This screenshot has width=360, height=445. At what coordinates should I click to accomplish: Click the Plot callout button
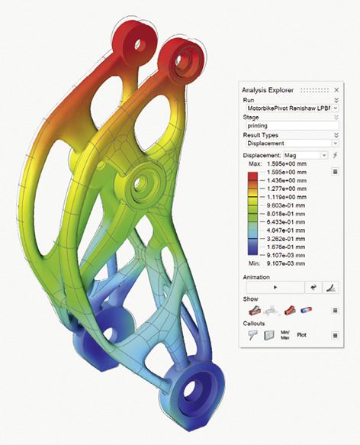click(x=302, y=334)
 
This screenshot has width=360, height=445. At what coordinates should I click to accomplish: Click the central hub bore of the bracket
click(x=141, y=184)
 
